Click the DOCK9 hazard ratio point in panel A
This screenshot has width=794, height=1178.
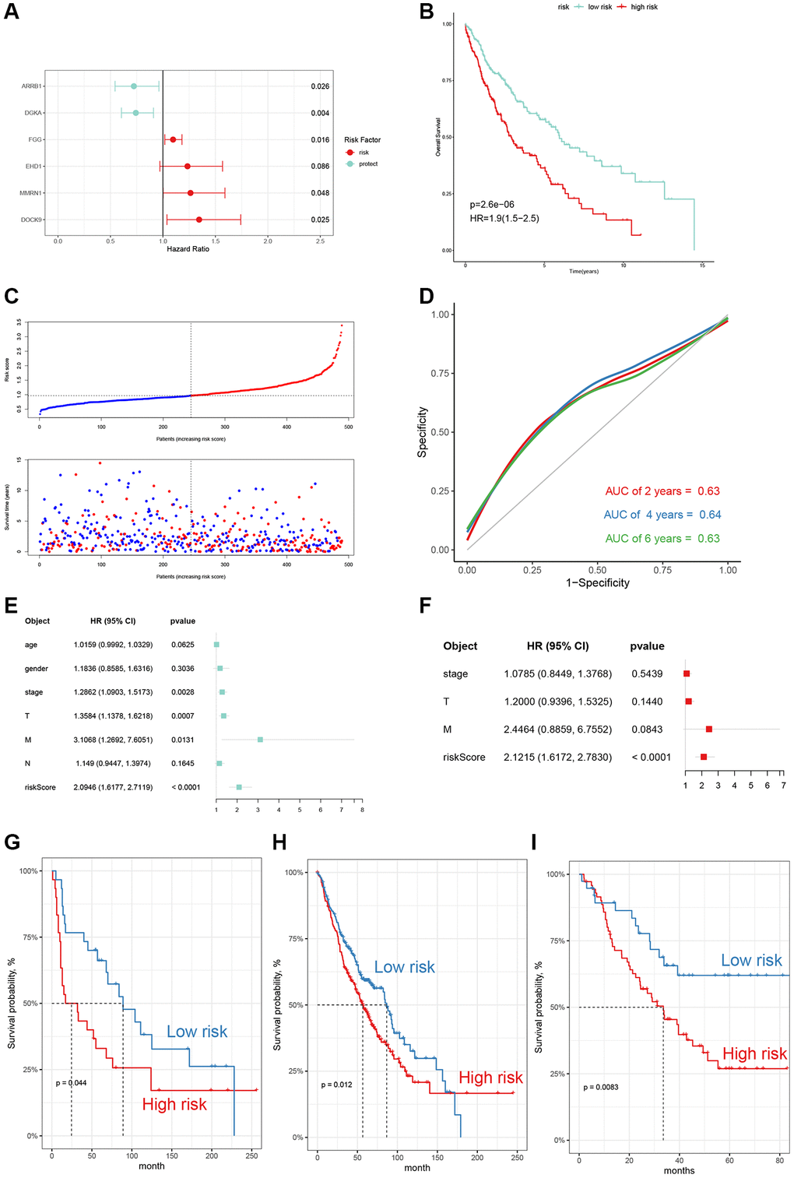coord(199,220)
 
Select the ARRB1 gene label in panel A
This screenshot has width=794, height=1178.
coord(32,86)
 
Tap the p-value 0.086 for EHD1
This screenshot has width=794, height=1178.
coord(320,167)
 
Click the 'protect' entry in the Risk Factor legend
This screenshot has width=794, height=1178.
coord(367,164)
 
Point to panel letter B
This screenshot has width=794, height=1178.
coord(427,12)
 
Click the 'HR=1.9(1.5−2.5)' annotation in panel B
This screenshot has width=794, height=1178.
coord(504,219)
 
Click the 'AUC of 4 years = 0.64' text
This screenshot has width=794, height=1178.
coord(662,515)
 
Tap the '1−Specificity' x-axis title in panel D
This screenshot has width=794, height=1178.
coord(598,583)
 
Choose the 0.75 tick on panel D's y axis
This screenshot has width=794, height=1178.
coord(440,374)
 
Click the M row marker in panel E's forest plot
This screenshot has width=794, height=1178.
coord(260,740)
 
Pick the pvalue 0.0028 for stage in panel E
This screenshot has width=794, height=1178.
coord(183,692)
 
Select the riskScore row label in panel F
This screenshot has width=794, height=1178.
coord(464,758)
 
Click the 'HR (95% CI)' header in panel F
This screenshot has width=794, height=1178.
coord(557,646)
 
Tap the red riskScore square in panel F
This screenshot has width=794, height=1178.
coord(704,757)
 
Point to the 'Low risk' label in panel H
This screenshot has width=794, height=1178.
coord(405,967)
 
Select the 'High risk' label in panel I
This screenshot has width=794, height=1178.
coord(754,1054)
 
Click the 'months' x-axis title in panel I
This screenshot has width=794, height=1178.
coord(679,1170)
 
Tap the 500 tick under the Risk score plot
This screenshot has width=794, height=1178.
coord(348,427)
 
